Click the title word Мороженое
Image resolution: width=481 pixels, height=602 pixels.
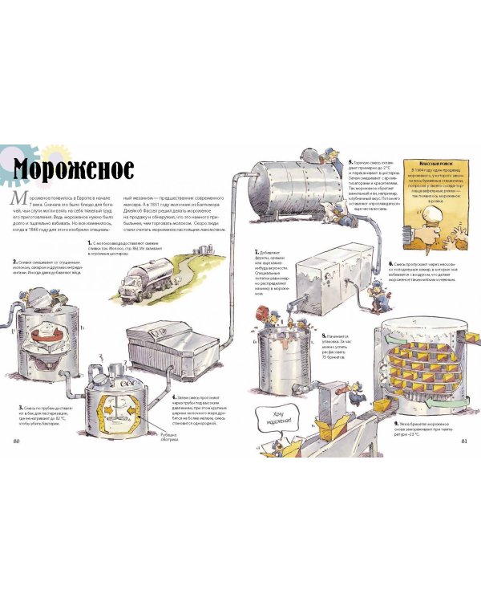tap(72, 171)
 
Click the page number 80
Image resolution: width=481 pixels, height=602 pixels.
tap(17, 441)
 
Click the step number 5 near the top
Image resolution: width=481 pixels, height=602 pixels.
tap(351, 162)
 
